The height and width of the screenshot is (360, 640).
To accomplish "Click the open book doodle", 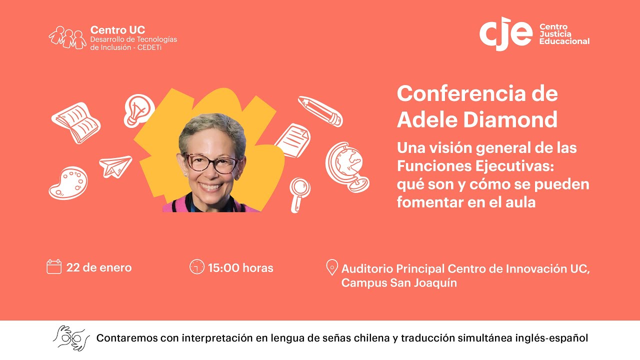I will (76, 122).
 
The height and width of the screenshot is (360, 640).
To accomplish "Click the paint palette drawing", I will (68, 182).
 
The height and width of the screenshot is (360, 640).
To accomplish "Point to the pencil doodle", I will (320, 111).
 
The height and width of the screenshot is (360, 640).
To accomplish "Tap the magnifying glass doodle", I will (299, 193).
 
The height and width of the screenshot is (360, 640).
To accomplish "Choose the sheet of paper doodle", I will (292, 141).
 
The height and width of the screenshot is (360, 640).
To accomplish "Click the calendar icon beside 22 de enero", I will (54, 267).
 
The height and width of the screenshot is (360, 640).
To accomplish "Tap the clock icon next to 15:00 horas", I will (197, 267).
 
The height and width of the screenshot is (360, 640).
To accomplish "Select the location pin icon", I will (331, 267).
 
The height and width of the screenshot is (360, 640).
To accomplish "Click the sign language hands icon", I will (71, 338).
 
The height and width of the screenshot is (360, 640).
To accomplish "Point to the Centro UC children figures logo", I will (67, 36).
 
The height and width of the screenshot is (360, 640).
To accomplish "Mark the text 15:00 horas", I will (240, 267).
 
